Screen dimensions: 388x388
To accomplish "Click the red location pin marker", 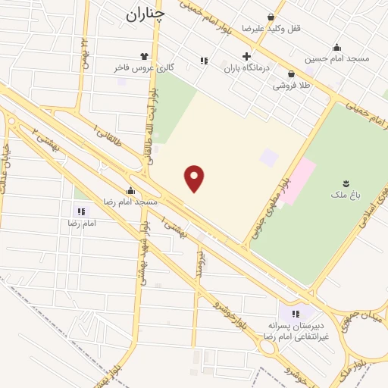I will tap(195, 178).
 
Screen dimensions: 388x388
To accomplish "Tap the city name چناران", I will tap(144, 13).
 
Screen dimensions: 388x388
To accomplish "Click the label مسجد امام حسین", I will tap(336, 58).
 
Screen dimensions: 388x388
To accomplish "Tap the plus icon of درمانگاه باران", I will tap(246, 56).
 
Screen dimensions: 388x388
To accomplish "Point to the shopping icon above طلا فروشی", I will tap(292, 74).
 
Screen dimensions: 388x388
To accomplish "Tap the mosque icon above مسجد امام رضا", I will tap(130, 191).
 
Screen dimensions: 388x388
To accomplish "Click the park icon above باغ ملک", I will tap(346, 183).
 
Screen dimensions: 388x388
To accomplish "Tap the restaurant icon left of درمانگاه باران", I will tap(203, 60).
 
